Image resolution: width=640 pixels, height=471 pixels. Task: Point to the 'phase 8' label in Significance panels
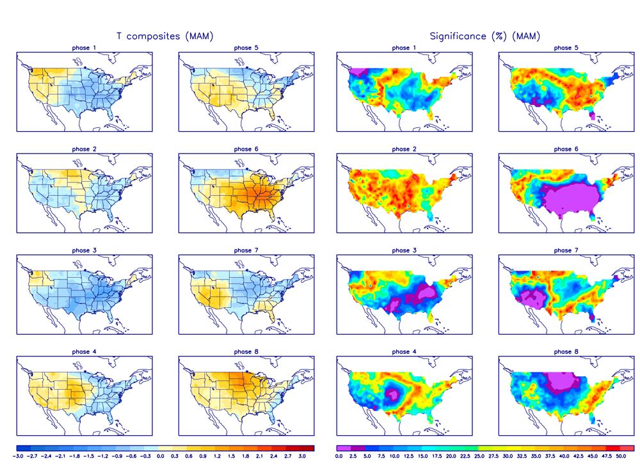[563, 351]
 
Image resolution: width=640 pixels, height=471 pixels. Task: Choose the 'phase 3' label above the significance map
[401, 250]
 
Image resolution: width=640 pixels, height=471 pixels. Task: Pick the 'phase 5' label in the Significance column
[563, 48]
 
